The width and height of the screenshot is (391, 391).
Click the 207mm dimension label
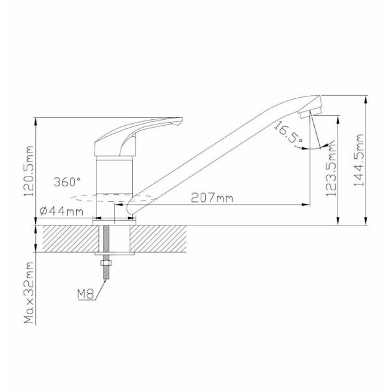click(212, 198)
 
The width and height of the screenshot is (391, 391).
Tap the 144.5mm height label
click(359, 160)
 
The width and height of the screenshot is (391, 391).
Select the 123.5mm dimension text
click(332, 170)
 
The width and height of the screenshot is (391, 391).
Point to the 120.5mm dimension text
click(28, 171)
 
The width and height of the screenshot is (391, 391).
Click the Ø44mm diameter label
click(61, 212)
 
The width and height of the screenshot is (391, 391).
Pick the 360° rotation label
click(67, 182)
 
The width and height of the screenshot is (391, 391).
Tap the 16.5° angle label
click(289, 132)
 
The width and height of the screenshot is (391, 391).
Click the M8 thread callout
click(85, 295)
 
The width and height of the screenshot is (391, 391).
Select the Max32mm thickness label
click(29, 293)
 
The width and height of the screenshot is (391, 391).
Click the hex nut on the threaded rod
click(106, 263)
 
